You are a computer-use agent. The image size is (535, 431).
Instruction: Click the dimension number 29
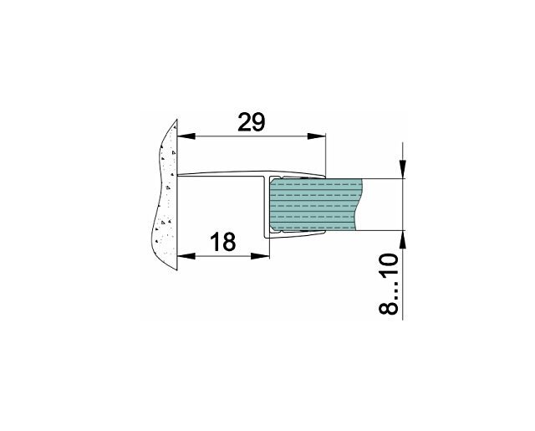tap(251, 122)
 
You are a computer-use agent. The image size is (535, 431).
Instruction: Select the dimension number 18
tap(222, 242)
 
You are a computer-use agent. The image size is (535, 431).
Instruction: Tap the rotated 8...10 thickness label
tap(389, 284)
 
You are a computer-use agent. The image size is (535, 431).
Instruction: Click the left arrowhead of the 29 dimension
tap(186, 136)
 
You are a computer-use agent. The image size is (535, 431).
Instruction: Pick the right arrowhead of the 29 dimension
tap(317, 136)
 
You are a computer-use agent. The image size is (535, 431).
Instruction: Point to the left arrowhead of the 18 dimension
tap(186, 256)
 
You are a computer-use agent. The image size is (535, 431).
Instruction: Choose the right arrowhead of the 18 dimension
tap(260, 256)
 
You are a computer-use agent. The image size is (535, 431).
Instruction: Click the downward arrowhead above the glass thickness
tap(403, 169)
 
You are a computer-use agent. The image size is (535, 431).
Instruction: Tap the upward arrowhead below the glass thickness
tap(403, 239)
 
